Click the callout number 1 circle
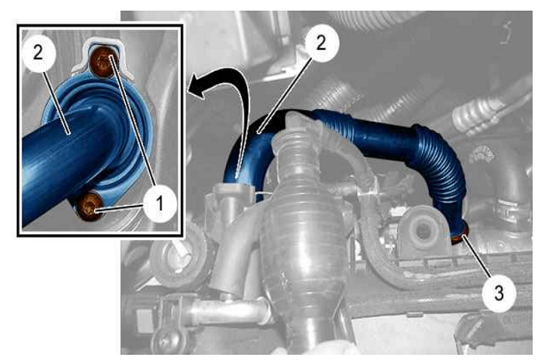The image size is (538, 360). point(160,204)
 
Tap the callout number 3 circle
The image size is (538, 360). point(499,293)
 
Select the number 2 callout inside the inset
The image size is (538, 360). point(38,53)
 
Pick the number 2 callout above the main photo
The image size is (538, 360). point(321,43)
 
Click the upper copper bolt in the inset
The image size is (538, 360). point(103,62)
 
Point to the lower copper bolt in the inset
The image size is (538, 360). point(88,206)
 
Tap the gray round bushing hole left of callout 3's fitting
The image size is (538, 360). point(423,229)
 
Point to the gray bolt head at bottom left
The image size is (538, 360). point(169,340)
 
